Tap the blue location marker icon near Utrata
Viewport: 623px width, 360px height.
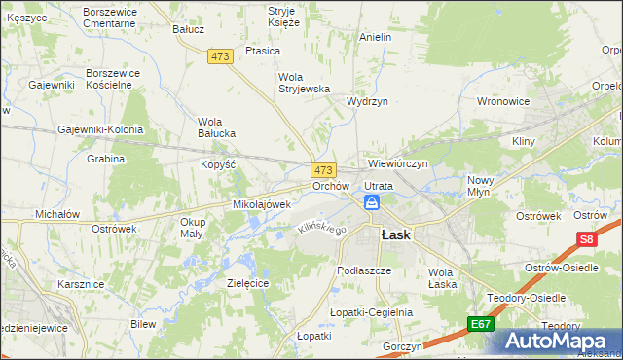[x=372, y=202]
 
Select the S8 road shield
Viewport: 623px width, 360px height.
[x=585, y=239]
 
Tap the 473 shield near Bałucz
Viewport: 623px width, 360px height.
[x=220, y=57]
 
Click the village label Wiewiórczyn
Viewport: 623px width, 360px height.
[x=398, y=163]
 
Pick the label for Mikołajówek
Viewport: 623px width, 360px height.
[x=261, y=204]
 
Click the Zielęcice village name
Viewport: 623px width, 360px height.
[x=247, y=282]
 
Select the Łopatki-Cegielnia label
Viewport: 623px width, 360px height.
[x=372, y=312]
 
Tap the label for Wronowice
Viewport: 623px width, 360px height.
[x=502, y=100]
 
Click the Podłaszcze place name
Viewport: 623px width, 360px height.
[x=363, y=270]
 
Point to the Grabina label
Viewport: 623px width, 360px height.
[x=106, y=159]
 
